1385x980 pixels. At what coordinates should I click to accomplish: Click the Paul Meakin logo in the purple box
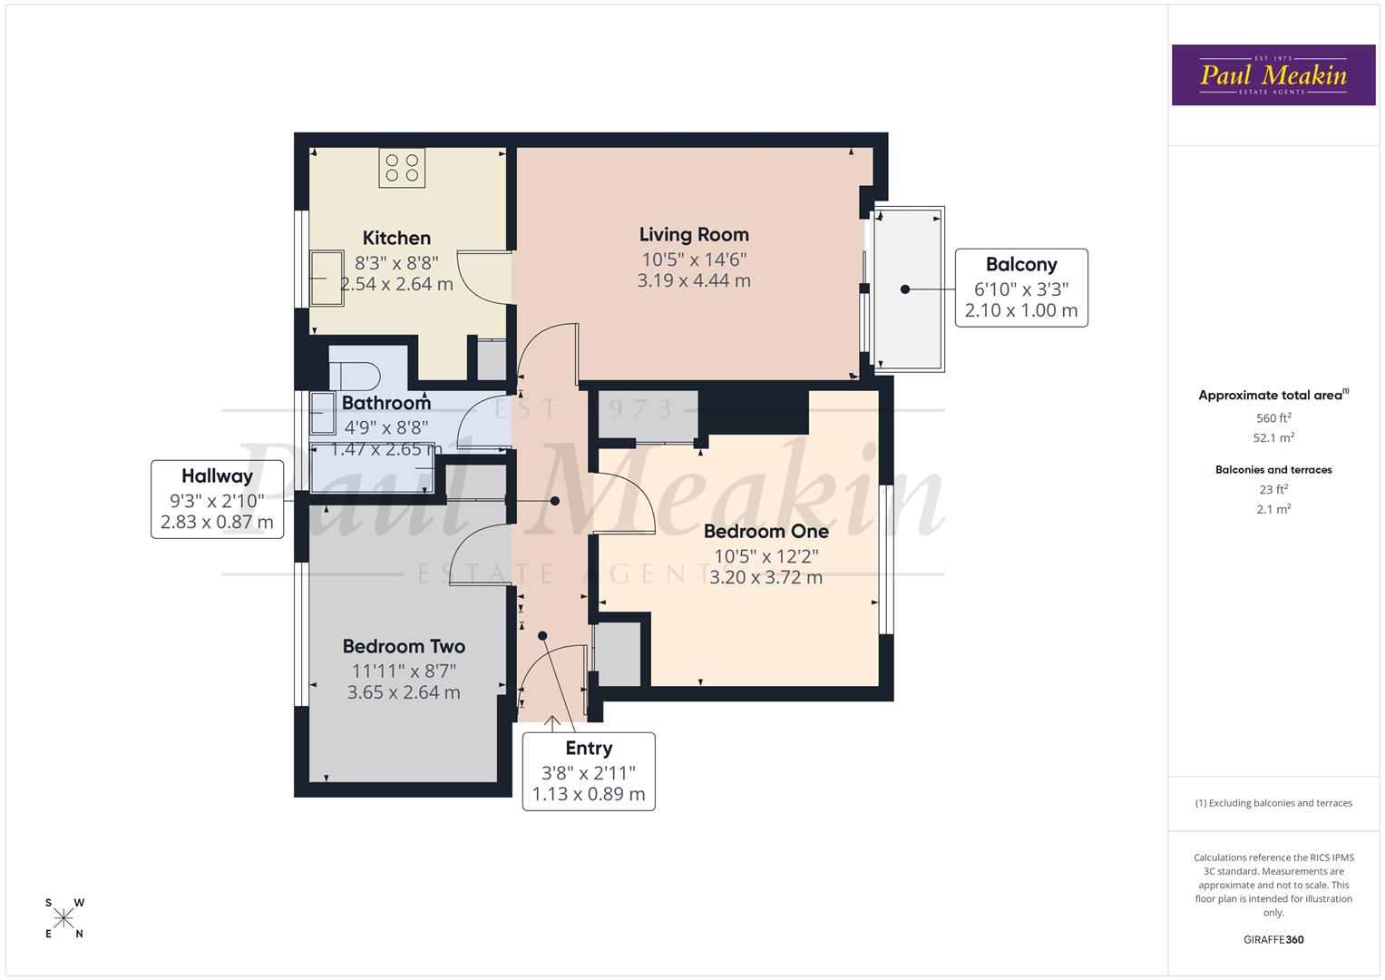[x=1273, y=75]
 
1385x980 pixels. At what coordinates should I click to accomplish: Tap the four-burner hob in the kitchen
[x=402, y=168]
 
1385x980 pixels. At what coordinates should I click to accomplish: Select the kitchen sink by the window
[x=323, y=279]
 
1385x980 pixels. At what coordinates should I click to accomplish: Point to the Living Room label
[x=694, y=235]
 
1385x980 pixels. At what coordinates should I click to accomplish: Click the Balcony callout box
[x=1020, y=288]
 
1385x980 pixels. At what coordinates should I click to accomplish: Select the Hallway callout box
[x=217, y=499]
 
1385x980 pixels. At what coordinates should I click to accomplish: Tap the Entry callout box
[x=589, y=771]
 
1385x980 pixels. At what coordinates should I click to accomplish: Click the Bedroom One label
[x=766, y=532]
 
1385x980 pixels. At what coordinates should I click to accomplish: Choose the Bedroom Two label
[x=404, y=647]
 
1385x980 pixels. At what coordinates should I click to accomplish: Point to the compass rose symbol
[x=63, y=918]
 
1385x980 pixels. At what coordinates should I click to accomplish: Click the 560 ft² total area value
[x=1273, y=418]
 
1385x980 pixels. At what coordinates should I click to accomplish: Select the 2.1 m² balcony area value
[x=1273, y=510]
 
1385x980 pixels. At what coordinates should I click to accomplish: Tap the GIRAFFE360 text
[x=1273, y=940]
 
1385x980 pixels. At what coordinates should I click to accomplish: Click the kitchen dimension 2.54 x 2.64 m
[x=396, y=285]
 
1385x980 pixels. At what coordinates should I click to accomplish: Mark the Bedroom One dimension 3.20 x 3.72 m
[x=766, y=578]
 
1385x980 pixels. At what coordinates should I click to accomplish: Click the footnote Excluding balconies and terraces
[x=1273, y=803]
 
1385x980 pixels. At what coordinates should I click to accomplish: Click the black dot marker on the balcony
[x=904, y=289]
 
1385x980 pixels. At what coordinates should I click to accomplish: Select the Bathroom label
[x=386, y=403]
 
